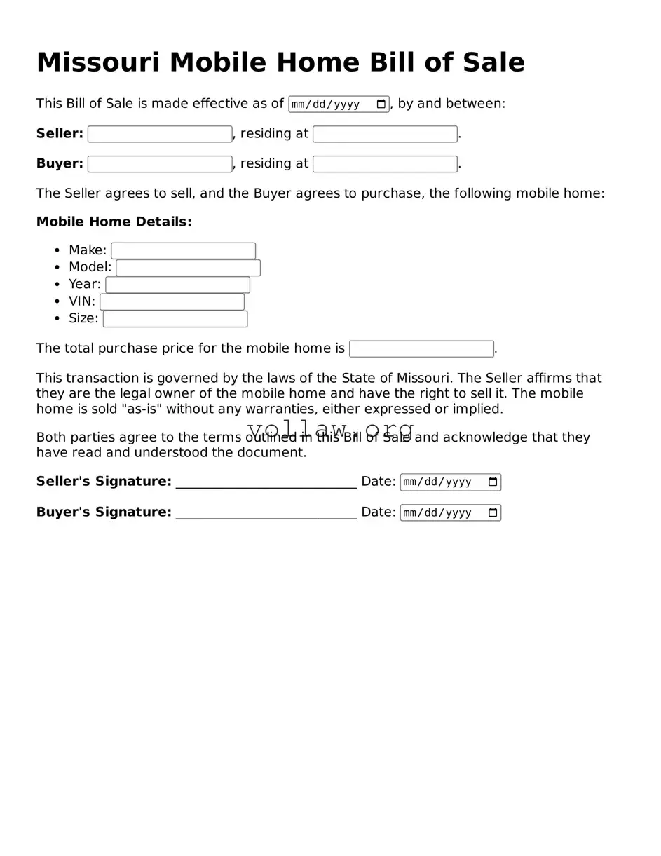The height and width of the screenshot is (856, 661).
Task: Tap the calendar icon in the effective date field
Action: coord(381,104)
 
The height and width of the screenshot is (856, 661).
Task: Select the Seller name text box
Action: coord(160,134)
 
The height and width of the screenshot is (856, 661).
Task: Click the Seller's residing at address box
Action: coord(385,134)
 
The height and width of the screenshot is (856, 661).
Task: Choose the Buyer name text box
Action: coord(160,164)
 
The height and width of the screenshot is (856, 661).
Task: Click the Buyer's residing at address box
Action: coord(385,164)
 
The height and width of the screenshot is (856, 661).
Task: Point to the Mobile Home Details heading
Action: coord(114,222)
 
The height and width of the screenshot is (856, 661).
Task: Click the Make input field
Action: coord(183,251)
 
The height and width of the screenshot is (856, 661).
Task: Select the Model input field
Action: coord(188,268)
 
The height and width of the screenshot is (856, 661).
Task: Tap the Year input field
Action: coord(177,285)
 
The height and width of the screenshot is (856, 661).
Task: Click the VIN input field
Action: coord(172,302)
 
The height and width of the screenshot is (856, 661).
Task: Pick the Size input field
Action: coord(175,319)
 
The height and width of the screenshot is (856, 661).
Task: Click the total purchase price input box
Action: coord(421,349)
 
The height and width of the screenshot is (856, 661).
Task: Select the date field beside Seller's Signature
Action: coord(443,482)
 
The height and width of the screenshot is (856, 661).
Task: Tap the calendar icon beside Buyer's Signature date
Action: coord(493,512)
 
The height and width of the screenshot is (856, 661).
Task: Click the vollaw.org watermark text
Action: coord(330,428)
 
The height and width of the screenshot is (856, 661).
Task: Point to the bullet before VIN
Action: coord(57,302)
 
